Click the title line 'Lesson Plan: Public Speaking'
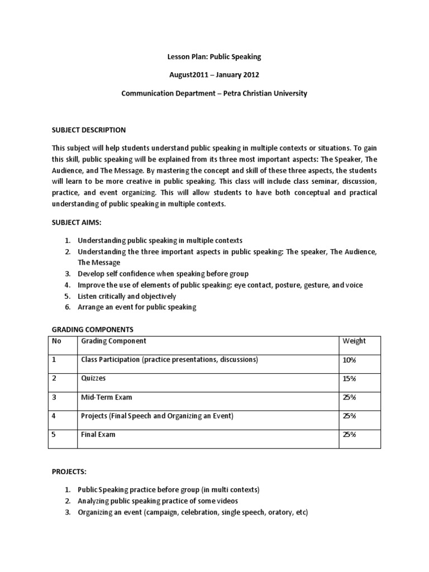(214, 57)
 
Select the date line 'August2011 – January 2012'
(214, 75)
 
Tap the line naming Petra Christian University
(214, 93)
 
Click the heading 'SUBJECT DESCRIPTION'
(89, 130)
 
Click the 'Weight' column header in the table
(354, 341)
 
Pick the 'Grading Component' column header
(114, 341)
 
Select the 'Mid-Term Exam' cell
(107, 397)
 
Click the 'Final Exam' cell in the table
(98, 434)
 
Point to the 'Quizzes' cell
(93, 378)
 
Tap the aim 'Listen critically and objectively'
(127, 296)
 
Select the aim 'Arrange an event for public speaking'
(137, 307)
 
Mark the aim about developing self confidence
(163, 274)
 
